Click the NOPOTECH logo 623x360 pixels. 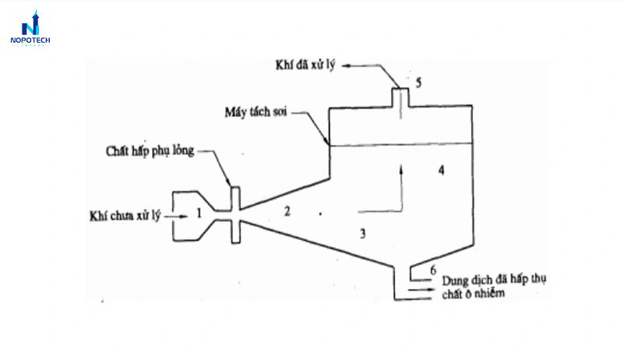(30, 29)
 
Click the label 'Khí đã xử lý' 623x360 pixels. (305, 65)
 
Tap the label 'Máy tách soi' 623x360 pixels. (255, 112)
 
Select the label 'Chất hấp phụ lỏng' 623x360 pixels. (150, 151)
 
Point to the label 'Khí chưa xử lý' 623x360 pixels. (125, 216)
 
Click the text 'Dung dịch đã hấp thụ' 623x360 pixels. (494, 280)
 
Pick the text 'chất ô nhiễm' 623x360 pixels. (473, 294)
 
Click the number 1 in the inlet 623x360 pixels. (199, 214)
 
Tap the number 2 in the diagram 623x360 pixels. (287, 211)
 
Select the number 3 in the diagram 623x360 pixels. (362, 233)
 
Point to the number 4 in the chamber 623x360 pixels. (441, 171)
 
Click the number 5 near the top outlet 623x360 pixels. (418, 83)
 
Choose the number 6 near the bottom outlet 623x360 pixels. (433, 270)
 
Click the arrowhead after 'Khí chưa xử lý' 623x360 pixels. (183, 217)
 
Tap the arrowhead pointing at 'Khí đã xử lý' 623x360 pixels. (346, 66)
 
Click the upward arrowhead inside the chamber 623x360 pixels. (401, 170)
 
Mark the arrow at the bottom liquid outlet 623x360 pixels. (421, 289)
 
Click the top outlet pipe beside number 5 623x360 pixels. (400, 97)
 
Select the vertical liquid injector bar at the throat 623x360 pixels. (236, 215)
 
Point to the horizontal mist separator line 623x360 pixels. (401, 144)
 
